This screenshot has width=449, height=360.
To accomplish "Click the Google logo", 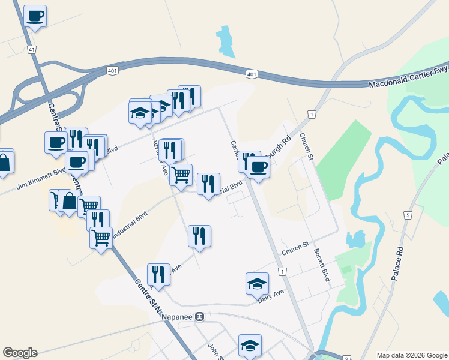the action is tap(20, 353).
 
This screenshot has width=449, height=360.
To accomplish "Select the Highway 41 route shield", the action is tap(31, 50).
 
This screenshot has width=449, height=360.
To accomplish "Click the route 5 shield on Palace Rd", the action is tap(408, 215).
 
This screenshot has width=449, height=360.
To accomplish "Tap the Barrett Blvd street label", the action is tap(322, 266).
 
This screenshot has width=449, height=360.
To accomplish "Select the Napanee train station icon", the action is tap(200, 317).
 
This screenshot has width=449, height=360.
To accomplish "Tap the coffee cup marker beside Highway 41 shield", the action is tap(35, 15).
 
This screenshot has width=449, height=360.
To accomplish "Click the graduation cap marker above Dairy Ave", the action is tap(257, 283).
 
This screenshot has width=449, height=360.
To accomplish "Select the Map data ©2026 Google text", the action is tap(411, 355).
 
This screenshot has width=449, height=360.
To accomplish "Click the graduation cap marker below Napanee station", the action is tap(250, 345).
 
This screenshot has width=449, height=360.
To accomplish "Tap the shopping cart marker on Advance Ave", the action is tap(181, 175).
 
